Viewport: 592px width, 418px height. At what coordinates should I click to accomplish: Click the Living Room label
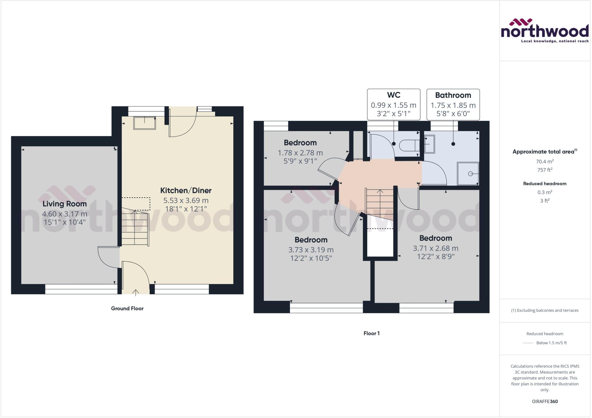coord(64,204)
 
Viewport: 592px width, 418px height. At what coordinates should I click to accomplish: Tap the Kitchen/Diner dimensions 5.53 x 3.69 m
coord(186,200)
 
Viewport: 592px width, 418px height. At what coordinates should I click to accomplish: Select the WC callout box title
coord(393,95)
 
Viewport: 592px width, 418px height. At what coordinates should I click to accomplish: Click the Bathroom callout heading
coord(453,95)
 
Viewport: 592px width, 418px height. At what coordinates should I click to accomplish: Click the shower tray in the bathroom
coord(468,174)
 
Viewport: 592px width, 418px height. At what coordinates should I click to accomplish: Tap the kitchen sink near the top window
coord(144,123)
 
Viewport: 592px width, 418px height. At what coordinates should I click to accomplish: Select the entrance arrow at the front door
coord(136,292)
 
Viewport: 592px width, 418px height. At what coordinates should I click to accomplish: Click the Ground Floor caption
coord(127,309)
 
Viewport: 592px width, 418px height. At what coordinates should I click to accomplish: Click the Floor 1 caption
coord(371,333)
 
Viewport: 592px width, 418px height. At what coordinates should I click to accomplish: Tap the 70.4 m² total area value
coord(545,161)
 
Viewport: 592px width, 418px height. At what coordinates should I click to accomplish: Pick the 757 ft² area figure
coord(545,170)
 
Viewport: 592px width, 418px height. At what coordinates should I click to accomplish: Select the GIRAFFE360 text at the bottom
coord(545,401)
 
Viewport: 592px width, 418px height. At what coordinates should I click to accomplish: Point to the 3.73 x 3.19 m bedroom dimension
coord(311,250)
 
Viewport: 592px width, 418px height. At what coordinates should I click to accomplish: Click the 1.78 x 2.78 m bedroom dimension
coord(300,153)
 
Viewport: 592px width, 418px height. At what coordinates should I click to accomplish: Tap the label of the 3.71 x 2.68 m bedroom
coord(436,238)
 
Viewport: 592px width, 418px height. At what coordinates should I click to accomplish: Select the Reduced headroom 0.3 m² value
coord(545,192)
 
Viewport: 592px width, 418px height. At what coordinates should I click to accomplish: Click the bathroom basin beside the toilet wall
coord(430,144)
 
